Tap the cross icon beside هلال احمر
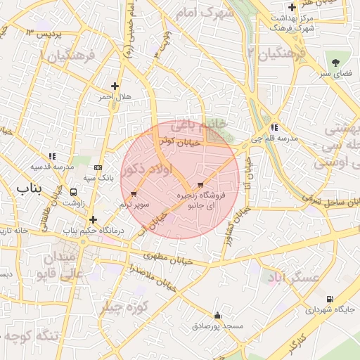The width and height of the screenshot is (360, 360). point(115,86)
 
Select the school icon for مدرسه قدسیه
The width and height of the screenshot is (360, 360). point(51,156)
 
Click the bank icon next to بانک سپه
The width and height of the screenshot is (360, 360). point(97,167)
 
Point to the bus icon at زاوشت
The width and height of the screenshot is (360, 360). point(74,191)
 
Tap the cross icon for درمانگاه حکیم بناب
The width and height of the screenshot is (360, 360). point(93,219)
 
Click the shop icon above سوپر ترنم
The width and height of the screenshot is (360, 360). point(134,193)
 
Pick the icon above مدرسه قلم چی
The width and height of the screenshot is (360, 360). point(274,128)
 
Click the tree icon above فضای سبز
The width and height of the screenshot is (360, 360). point(335,63)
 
